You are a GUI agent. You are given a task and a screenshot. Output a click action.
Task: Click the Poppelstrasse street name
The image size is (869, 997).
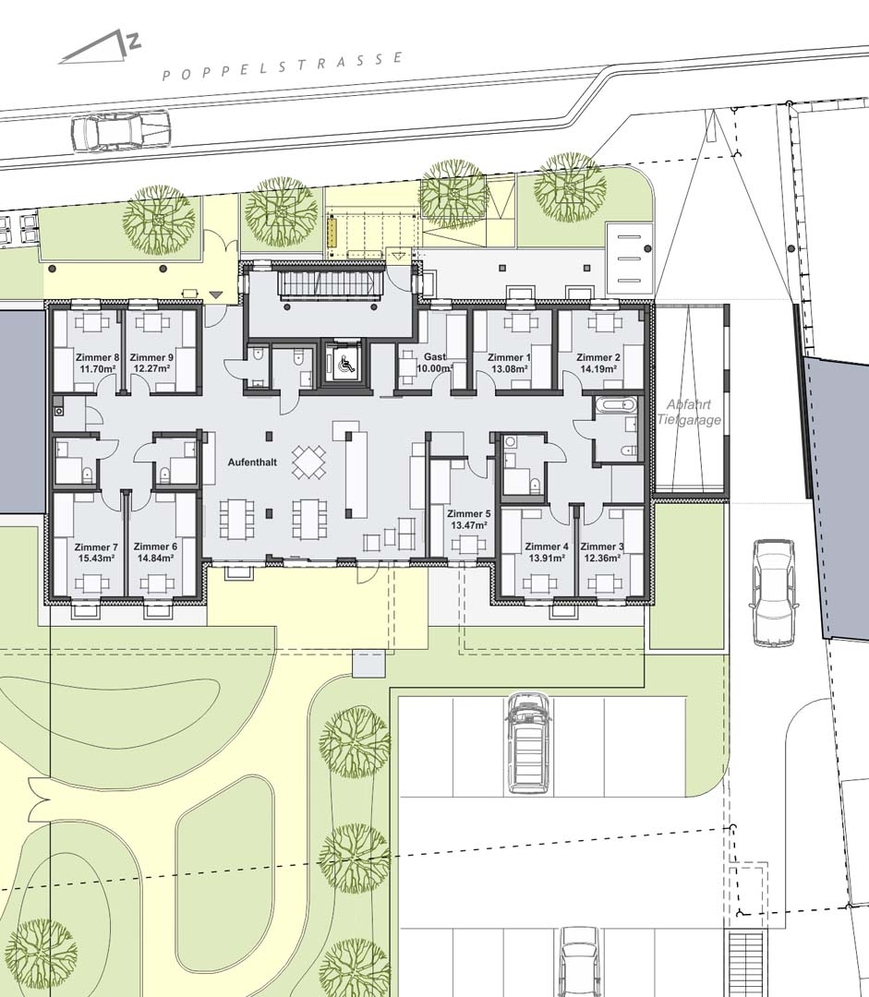284,66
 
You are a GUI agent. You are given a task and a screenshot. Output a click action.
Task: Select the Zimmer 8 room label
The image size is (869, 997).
97,357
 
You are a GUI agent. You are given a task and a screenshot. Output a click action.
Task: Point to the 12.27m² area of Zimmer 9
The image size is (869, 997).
151,368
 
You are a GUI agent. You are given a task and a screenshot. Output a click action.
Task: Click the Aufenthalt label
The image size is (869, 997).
252,462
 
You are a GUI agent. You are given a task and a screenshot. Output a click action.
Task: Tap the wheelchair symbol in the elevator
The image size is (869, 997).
344,364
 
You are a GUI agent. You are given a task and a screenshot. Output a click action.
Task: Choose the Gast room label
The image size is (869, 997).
434,357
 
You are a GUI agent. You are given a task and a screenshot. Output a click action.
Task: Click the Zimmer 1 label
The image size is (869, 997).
509,357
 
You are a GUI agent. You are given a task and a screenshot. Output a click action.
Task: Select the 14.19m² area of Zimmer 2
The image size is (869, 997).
598,368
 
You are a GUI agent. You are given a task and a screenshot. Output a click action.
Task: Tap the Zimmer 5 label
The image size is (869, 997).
469,514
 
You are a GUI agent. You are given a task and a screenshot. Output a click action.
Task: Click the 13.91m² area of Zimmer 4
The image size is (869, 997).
547,558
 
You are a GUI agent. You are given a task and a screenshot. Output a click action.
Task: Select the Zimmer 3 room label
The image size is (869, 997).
602,547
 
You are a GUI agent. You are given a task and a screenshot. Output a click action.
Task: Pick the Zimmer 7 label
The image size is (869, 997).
96,547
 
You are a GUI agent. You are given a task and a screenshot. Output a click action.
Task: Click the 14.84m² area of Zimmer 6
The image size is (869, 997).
156,558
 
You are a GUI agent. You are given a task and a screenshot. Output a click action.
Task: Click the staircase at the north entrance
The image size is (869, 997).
332,283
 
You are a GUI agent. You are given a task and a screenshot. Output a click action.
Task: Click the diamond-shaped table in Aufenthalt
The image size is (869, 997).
309,462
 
